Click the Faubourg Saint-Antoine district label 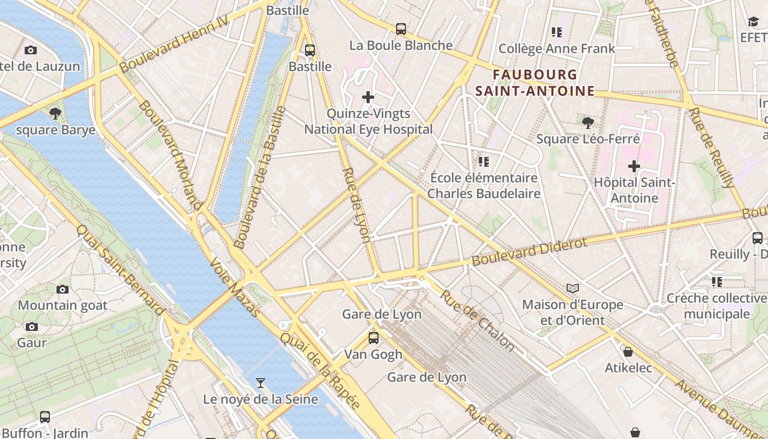coord(535,82)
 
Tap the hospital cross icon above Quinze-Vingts coord(368,97)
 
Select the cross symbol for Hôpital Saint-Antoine coord(634,166)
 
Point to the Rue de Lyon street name coord(357,205)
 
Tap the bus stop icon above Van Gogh coord(374,337)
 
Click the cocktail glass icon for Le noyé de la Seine coord(261,382)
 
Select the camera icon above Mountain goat coord(63,289)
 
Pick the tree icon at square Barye coord(55,114)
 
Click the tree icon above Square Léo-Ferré coord(588,122)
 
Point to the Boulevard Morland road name coord(170,155)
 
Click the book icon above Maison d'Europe coord(573,288)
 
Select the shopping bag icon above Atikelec coord(628,351)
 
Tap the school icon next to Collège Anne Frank coord(557,32)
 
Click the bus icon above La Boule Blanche coord(401,29)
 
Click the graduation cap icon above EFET coord(753,21)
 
